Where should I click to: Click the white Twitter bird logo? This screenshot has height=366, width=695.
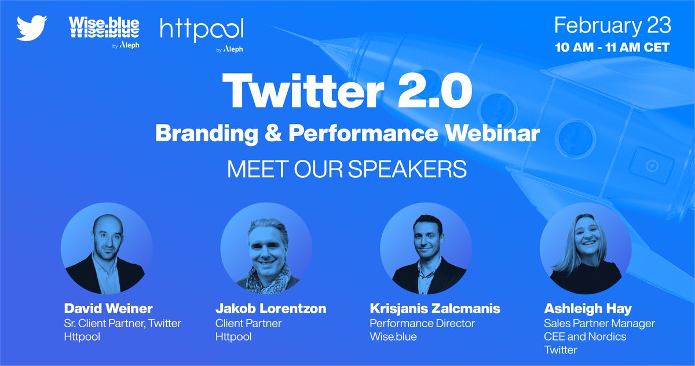click(x=32, y=28)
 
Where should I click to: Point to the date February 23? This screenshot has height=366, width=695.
click(x=613, y=26)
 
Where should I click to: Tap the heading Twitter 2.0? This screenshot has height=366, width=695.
click(x=347, y=93)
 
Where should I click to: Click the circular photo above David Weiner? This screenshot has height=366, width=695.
click(x=107, y=248)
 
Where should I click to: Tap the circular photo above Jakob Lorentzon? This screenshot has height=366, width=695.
click(x=266, y=248)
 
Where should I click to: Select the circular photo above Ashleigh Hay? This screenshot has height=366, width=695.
click(x=586, y=248)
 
